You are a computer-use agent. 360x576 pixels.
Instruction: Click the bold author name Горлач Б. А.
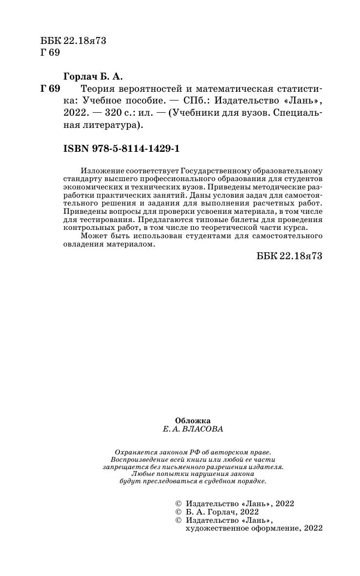coord(93,76)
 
